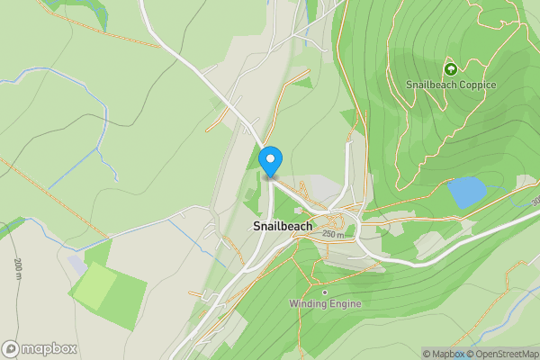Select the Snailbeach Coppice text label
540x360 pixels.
tap(451, 85)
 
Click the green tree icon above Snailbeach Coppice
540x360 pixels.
tap(451, 68)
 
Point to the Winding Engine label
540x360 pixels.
tap(325, 303)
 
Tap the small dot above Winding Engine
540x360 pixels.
tap(324, 292)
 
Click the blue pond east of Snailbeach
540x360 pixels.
tap(465, 192)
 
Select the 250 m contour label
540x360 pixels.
tap(333, 234)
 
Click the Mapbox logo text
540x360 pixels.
tap(50, 349)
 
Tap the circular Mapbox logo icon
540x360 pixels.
tap(11, 349)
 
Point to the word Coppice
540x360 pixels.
tap(476, 85)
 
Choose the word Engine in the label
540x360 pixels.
tap(346, 303)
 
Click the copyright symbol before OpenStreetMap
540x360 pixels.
tap(470, 354)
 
